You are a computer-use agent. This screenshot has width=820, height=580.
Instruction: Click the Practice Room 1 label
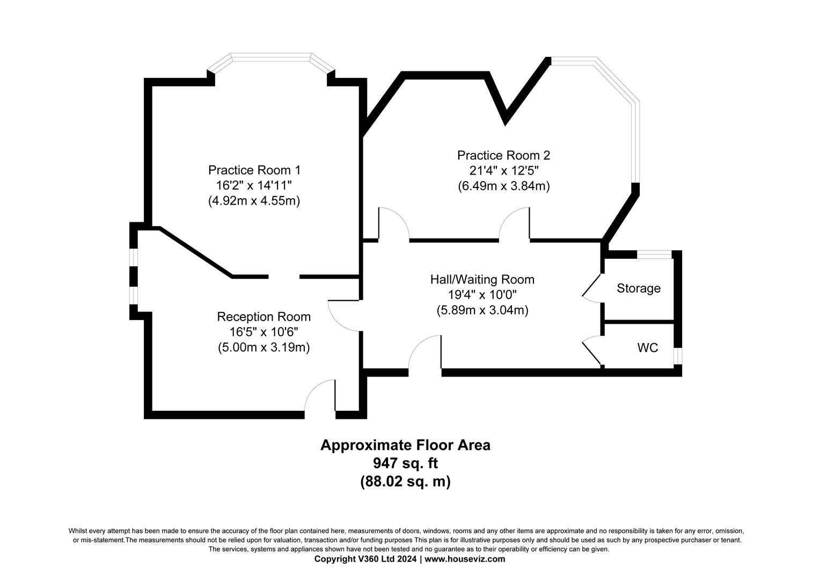[254, 170]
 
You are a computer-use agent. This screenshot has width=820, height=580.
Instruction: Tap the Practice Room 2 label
[503, 155]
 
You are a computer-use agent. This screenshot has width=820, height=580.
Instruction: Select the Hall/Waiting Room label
[482, 280]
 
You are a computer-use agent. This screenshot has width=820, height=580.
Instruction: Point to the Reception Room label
[263, 316]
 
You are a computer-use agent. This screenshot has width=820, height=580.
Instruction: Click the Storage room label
[639, 288]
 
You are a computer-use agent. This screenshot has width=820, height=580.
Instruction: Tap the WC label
[648, 347]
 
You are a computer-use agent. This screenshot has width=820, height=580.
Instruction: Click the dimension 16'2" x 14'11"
[254, 185]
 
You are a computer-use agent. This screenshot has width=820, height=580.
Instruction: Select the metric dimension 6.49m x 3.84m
[504, 186]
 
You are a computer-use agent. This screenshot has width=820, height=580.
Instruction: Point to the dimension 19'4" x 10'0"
[482, 295]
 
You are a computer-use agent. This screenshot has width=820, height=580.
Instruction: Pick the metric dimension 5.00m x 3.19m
[263, 347]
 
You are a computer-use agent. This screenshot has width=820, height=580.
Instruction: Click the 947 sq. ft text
[405, 463]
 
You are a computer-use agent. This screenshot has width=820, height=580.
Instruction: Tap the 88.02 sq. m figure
[405, 481]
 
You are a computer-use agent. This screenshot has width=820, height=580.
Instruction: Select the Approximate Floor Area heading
[405, 445]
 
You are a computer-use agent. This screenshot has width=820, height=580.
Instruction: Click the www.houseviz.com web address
[465, 559]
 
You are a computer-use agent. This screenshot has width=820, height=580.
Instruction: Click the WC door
[592, 352]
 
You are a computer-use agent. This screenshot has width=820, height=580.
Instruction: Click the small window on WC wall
[678, 356]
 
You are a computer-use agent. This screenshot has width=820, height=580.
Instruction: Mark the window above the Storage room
[654, 255]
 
